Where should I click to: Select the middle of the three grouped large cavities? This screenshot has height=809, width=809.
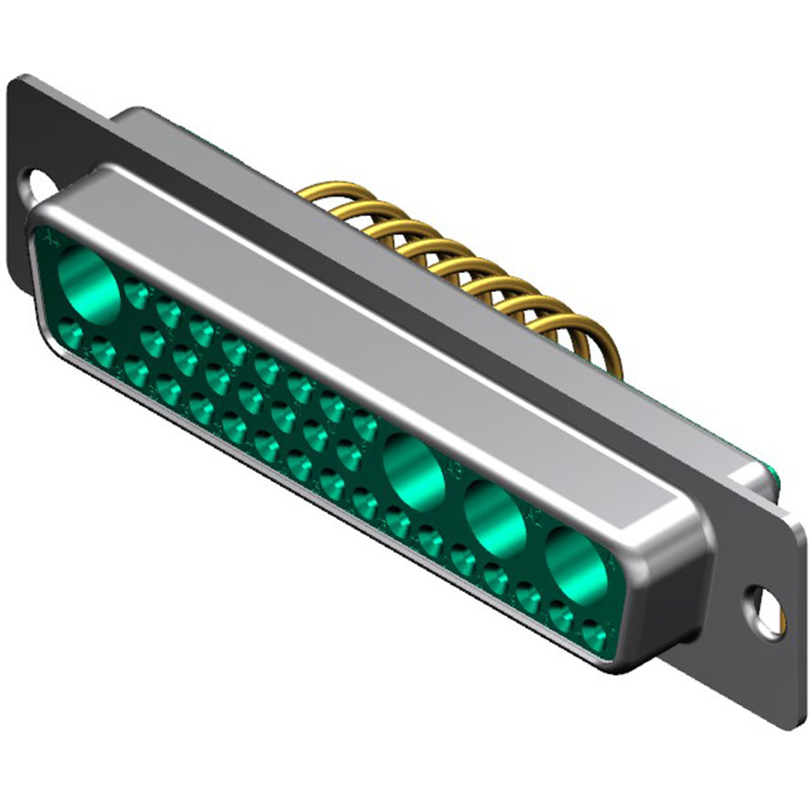495,518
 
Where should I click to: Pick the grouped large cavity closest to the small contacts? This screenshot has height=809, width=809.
413,469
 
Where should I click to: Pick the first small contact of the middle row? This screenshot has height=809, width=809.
152,343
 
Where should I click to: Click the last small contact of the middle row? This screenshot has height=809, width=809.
349,454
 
